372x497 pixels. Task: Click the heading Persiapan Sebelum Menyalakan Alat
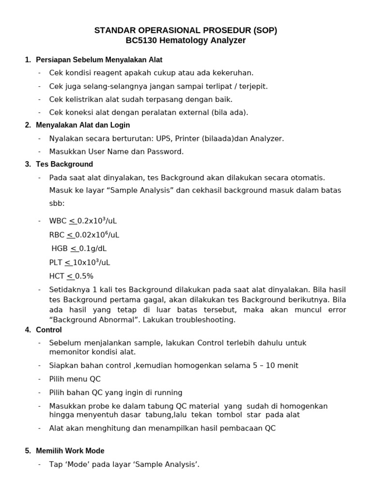(99, 60)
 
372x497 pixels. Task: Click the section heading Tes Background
(64, 164)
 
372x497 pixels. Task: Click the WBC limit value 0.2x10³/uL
(97, 221)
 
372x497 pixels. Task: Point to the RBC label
(57, 235)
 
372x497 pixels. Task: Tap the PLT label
(56, 263)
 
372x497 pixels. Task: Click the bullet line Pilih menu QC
(75, 379)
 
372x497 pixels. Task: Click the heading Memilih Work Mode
(70, 451)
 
